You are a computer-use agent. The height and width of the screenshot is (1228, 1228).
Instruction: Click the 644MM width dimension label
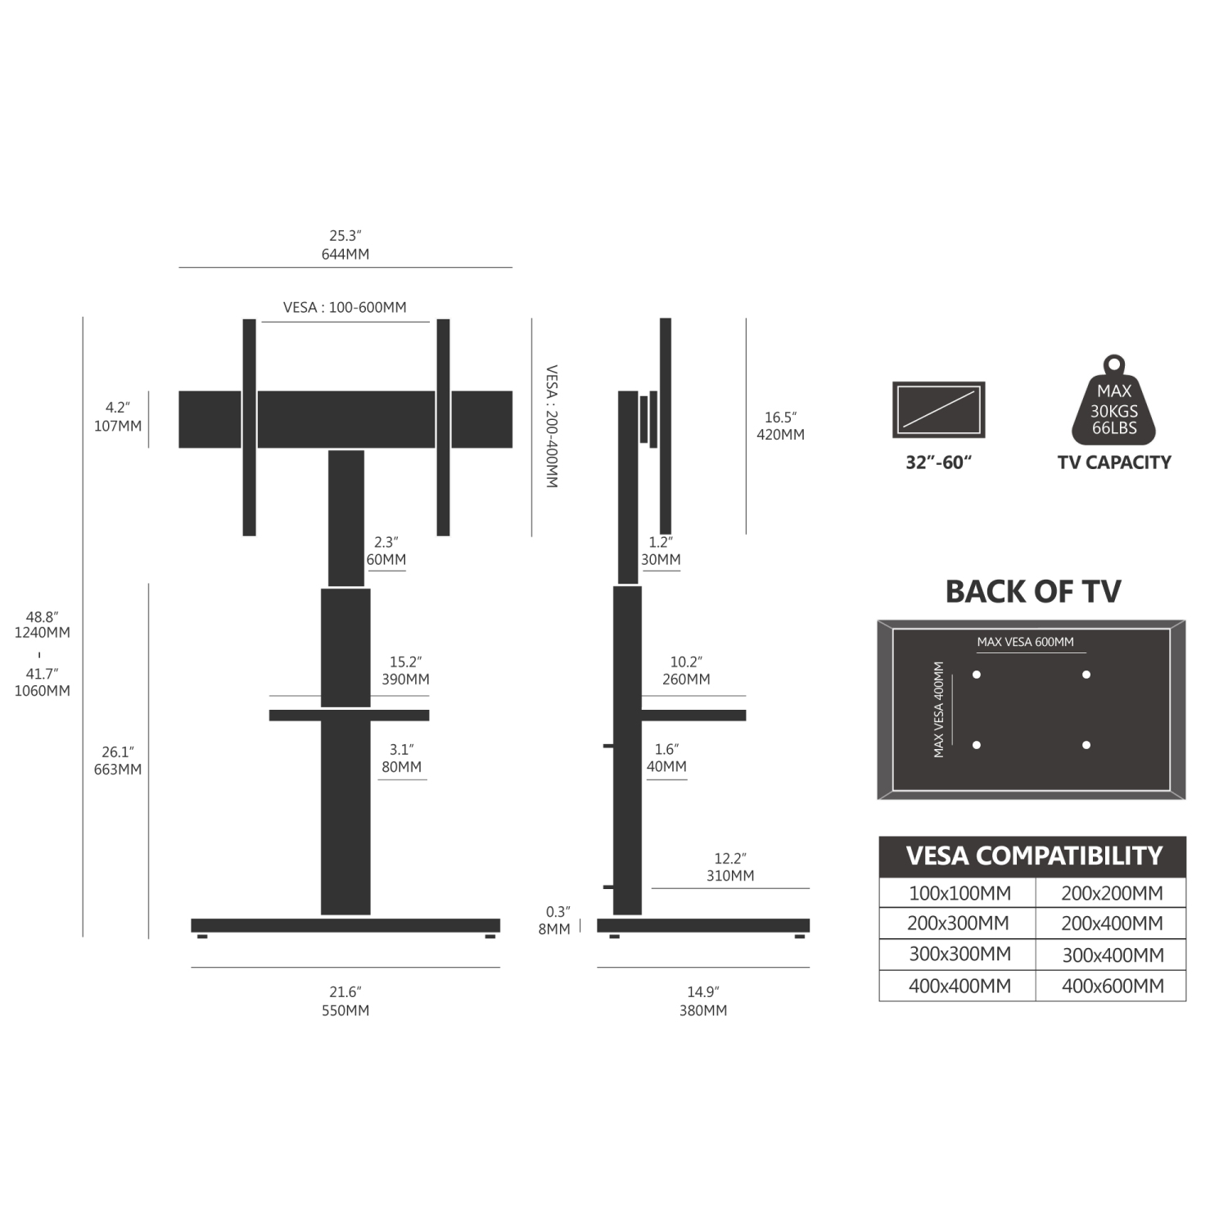(345, 254)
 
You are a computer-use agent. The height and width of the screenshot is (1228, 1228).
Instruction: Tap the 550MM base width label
(345, 1010)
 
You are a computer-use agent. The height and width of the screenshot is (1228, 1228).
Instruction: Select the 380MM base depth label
(702, 1010)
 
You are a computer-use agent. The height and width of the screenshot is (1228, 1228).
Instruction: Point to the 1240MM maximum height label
(42, 632)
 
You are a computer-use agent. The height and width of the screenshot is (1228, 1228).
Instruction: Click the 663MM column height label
(117, 769)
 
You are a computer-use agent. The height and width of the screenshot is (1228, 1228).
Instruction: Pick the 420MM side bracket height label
(780, 435)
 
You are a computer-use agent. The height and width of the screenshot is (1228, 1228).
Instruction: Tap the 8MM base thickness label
(554, 929)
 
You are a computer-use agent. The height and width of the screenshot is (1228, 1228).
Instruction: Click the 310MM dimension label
(730, 875)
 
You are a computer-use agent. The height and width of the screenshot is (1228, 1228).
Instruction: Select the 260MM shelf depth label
(686, 679)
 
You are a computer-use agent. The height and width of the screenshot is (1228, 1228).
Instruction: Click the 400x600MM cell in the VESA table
(1113, 986)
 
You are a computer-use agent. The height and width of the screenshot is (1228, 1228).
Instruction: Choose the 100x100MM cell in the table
(959, 893)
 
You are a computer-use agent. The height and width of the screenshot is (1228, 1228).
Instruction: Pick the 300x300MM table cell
(959, 955)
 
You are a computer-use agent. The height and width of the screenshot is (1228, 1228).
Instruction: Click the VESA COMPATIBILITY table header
(1033, 856)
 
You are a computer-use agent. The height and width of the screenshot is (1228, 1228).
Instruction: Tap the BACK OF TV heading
(1032, 591)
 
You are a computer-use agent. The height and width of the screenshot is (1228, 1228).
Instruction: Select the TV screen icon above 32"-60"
(938, 409)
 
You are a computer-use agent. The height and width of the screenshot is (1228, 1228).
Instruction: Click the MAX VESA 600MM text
(1025, 642)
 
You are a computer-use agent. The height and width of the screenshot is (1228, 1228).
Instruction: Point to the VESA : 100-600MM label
(345, 307)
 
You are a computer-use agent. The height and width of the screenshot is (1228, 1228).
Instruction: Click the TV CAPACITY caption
(1113, 463)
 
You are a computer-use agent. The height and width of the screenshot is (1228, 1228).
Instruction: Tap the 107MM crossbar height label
(117, 426)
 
